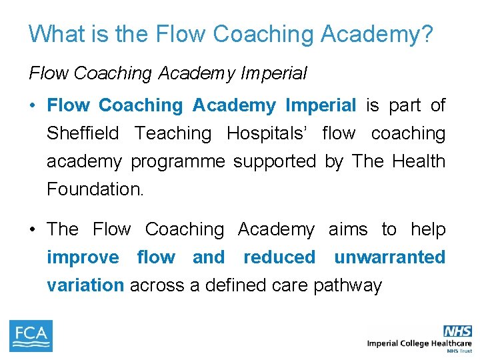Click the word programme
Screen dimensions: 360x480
(x=177, y=161)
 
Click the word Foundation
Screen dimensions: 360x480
(x=95, y=189)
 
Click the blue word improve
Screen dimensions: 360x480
(x=83, y=257)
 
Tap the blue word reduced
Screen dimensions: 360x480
(x=279, y=257)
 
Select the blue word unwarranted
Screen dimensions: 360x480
(x=389, y=257)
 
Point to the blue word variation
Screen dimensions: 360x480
(x=85, y=285)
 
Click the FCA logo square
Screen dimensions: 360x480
(x=31, y=336)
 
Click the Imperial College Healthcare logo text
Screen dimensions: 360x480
(x=419, y=343)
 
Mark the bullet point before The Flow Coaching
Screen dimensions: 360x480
(x=32, y=229)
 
